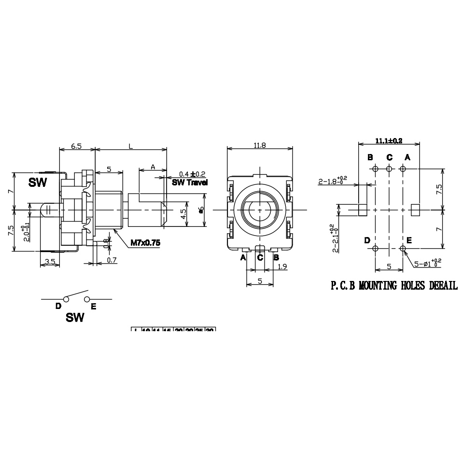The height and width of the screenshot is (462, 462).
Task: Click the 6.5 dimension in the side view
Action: (76, 145)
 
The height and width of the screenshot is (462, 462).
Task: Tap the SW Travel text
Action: (190, 182)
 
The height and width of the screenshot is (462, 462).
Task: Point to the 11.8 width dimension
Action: (260, 145)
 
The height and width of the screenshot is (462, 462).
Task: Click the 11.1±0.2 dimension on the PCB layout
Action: (389, 140)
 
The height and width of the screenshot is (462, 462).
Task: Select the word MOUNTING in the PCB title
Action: (381, 286)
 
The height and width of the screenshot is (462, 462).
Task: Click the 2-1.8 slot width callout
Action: (333, 181)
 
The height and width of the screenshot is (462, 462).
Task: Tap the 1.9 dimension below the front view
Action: (283, 266)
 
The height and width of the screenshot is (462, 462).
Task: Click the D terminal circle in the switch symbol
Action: (66, 299)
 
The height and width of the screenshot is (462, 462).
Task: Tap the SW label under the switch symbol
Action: (75, 317)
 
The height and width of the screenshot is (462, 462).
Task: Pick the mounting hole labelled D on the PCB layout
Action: (375, 248)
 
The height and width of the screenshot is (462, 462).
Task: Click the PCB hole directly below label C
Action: (389, 168)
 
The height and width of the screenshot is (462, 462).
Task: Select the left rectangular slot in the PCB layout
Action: (364, 210)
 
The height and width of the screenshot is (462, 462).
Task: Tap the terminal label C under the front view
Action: (260, 257)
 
